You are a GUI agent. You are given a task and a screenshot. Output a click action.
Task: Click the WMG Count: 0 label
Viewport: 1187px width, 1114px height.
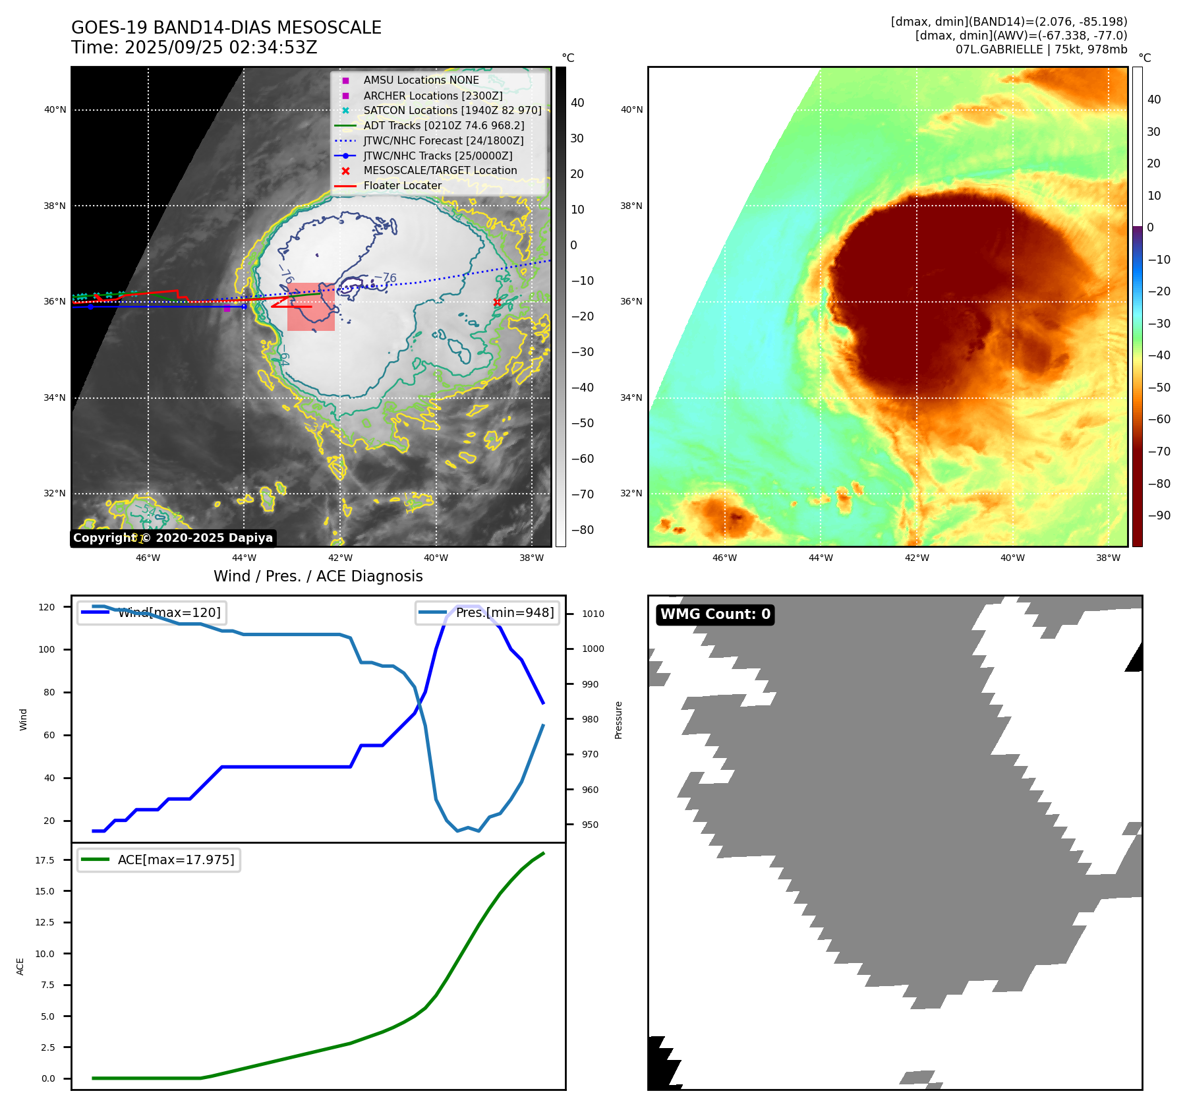coord(715,614)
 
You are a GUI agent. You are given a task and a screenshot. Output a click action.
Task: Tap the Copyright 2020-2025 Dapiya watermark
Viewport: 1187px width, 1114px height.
coord(173,538)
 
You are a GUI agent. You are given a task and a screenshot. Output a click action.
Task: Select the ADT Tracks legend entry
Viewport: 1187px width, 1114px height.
coord(444,125)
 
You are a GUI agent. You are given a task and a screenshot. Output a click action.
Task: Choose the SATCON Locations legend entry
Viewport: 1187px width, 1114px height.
coord(452,110)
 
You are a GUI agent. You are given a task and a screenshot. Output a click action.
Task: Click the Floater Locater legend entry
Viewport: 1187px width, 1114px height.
coord(402,185)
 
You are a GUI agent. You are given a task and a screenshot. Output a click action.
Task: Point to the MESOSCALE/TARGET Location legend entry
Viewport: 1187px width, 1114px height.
coord(440,170)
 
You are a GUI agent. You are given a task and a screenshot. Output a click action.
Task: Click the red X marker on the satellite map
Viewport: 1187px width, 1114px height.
coord(497,303)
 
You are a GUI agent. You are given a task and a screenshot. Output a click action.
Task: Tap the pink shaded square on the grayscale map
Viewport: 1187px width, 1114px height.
coord(311,307)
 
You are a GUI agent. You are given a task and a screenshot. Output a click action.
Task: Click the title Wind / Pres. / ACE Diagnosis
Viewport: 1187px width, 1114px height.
coord(318,576)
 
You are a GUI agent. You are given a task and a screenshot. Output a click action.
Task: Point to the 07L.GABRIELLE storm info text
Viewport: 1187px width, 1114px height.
coord(1041,49)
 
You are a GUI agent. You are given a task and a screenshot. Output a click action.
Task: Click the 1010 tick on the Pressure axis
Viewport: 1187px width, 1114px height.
coord(593,614)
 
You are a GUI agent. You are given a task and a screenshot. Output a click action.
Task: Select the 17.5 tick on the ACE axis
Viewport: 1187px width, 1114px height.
coord(45,860)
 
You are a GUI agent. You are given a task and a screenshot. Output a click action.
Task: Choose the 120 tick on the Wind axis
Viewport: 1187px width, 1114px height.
coord(47,607)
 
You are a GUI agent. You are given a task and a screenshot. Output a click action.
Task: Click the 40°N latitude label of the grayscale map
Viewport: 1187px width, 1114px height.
coord(55,109)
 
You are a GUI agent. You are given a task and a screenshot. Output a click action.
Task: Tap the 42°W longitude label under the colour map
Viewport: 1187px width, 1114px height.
coord(917,558)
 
